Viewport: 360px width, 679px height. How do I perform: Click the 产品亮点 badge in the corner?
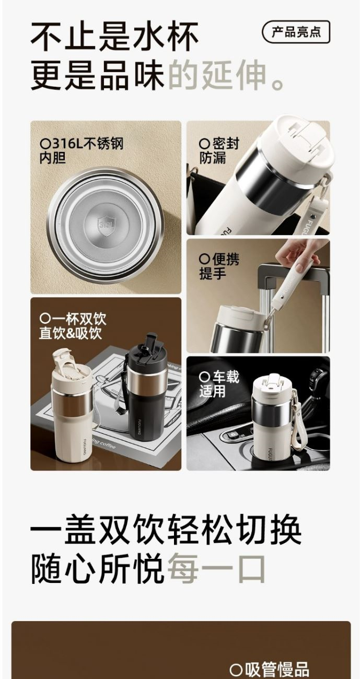[296, 32]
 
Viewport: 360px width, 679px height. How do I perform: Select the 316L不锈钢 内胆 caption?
[82, 150]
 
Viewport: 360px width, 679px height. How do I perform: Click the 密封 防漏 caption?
[219, 150]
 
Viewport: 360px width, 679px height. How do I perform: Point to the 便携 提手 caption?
[219, 266]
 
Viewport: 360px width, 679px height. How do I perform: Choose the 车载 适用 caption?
[219, 384]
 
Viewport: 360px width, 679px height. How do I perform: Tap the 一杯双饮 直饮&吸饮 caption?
[73, 326]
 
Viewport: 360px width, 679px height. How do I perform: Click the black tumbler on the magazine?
[147, 388]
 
